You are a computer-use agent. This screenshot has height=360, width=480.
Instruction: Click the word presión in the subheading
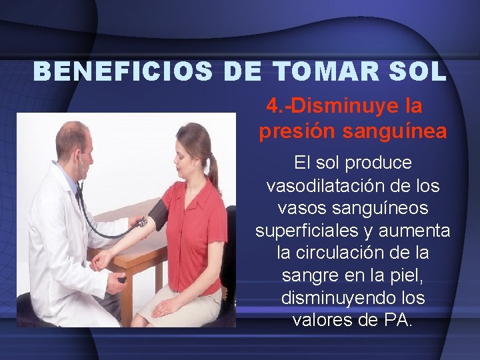[x=297, y=132]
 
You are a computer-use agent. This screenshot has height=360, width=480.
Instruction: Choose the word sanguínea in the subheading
[x=395, y=132]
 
